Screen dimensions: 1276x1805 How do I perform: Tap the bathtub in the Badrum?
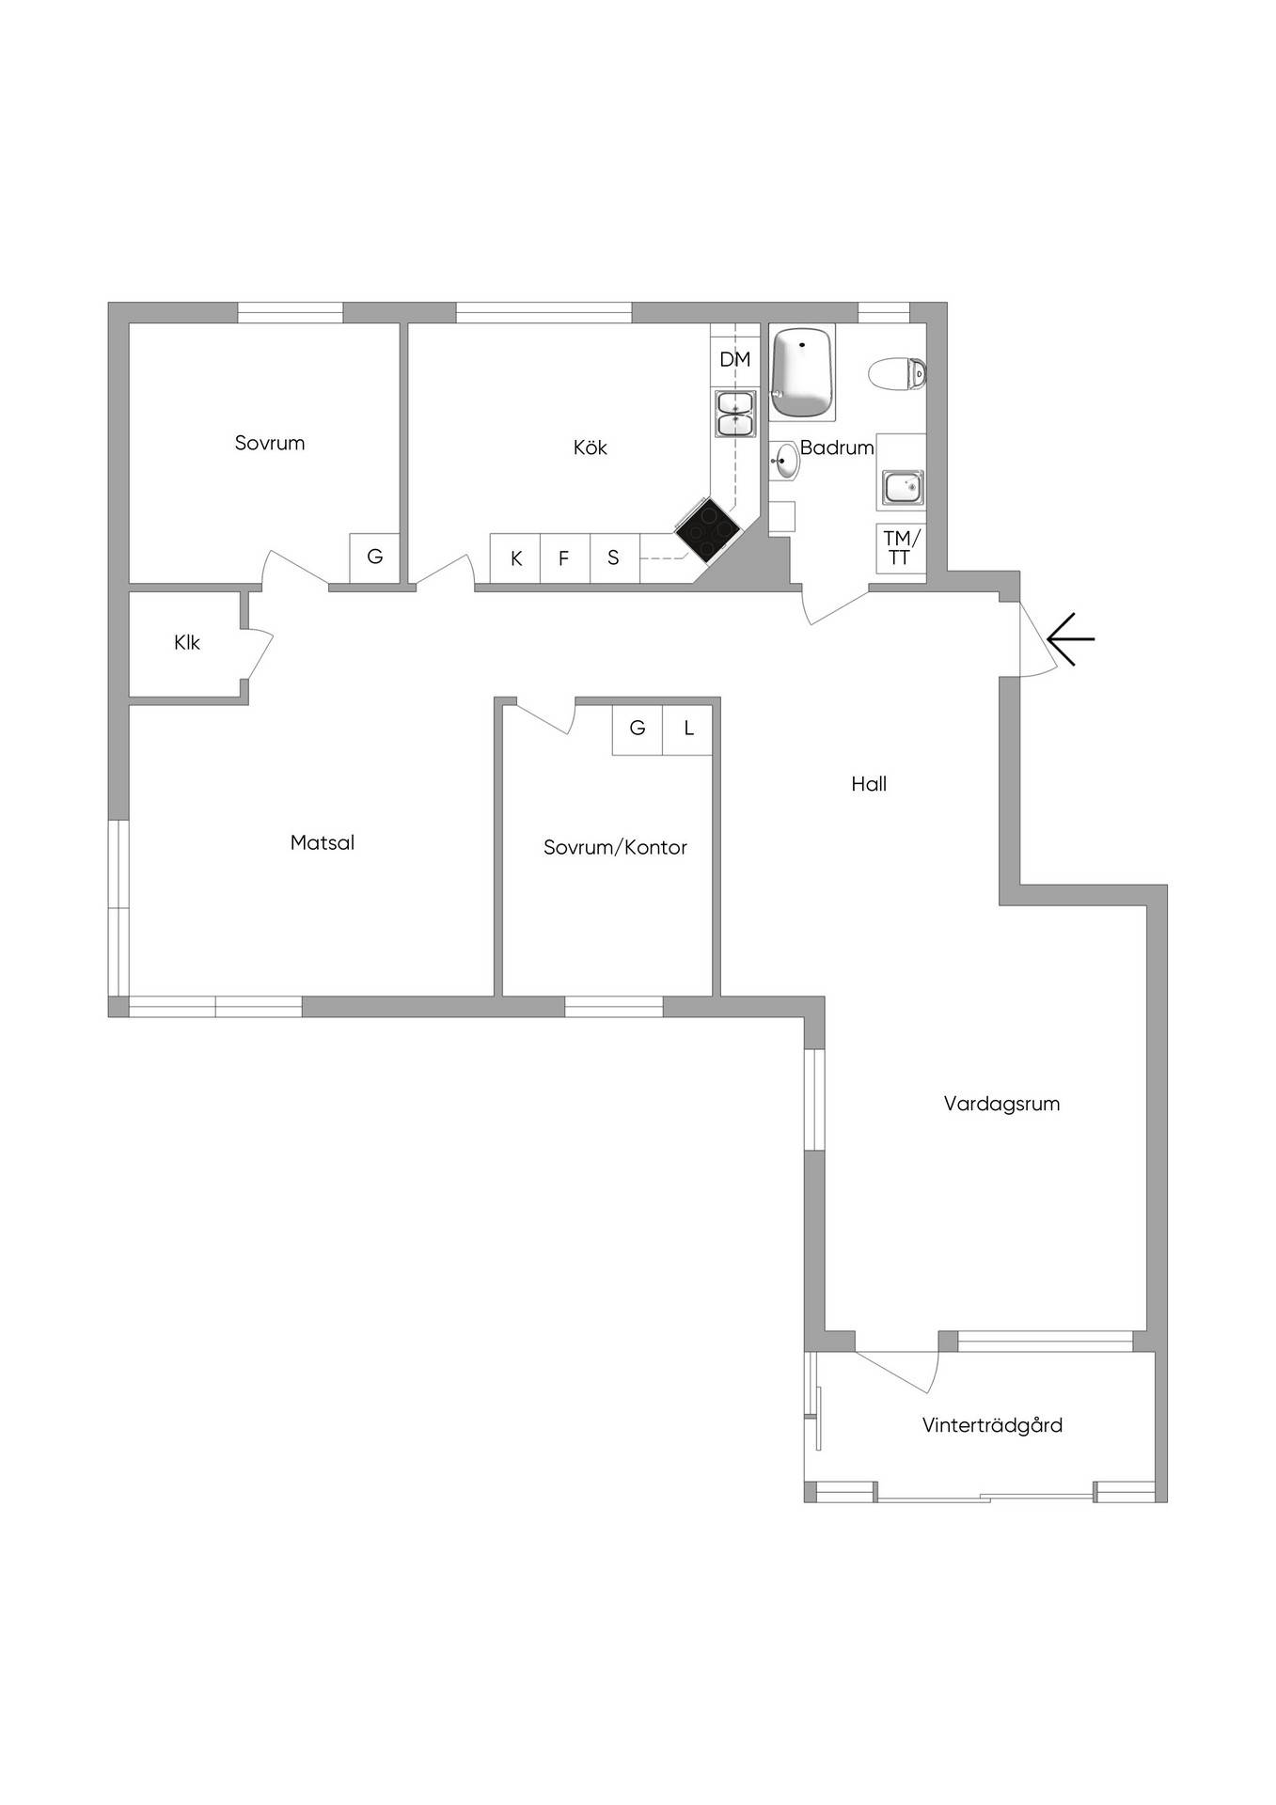802,373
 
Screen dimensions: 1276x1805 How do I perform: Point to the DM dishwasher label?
735,359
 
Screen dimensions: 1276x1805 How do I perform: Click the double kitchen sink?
735,414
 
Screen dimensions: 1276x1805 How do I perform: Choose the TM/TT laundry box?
900,548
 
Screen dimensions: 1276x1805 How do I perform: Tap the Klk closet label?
187,643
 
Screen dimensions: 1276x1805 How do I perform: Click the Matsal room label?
323,842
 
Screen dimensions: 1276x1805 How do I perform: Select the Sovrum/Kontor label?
615,847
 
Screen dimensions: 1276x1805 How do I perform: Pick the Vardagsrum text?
1001,1104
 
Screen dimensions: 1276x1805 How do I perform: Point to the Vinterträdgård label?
992,1425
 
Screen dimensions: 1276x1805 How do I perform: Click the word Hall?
869,784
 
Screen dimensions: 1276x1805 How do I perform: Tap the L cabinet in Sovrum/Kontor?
687,730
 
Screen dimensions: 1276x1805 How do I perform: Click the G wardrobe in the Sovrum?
374,557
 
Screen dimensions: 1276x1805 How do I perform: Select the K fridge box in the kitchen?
515,558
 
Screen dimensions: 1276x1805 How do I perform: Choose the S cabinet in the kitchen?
614,558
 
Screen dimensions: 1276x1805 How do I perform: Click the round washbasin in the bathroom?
785,461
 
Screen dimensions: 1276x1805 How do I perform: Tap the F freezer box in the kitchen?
565,558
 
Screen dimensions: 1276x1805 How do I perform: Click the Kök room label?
591,447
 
